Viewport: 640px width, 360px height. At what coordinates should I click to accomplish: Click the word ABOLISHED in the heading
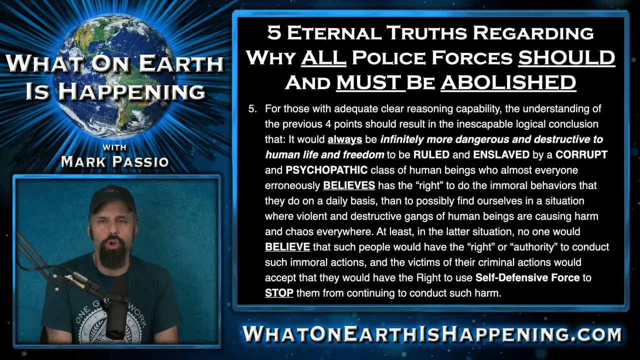[x=508, y=82]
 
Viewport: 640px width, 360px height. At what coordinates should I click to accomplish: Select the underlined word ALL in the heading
[x=323, y=57]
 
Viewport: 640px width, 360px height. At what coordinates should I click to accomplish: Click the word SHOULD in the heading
[x=566, y=57]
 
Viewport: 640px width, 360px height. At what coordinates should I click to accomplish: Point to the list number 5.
[x=252, y=109]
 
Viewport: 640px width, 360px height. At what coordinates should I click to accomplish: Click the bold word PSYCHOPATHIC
[x=326, y=170]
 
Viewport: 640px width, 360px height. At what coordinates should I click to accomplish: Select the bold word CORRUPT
[x=581, y=155]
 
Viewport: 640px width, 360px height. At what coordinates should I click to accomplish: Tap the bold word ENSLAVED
[x=501, y=155]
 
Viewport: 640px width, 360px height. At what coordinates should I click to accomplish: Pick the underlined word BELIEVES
[x=349, y=185]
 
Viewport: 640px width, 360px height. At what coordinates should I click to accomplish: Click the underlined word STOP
[x=279, y=293]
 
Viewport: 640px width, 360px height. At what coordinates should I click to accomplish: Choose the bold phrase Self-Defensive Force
[x=527, y=277]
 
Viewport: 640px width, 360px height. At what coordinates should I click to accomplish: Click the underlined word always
[x=345, y=139]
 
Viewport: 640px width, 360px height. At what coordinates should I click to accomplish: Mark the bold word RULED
[x=431, y=155]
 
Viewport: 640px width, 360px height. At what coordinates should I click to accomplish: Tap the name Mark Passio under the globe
[x=115, y=161]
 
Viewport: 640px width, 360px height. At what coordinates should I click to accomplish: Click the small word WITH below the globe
[x=114, y=147]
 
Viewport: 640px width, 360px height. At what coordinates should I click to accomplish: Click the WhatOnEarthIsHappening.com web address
[x=432, y=333]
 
